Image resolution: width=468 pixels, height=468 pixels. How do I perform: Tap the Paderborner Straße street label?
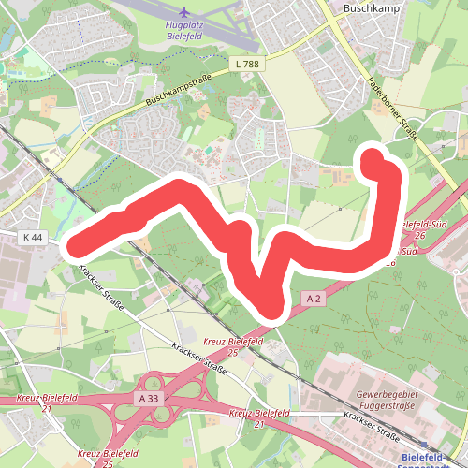coord(393,111)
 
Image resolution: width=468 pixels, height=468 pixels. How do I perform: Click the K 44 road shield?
coord(31,238)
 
